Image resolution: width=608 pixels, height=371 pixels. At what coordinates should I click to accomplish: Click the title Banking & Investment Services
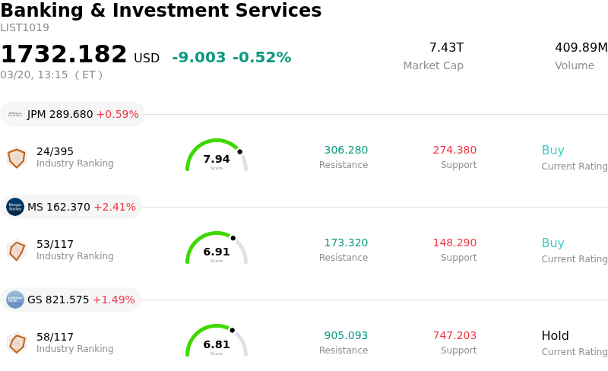coord(160,11)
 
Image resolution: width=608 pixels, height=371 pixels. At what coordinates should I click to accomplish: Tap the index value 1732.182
coord(64,55)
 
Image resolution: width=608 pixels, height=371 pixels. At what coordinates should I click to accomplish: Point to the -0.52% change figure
coord(261,58)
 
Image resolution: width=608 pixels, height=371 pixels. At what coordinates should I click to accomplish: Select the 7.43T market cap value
coord(446,48)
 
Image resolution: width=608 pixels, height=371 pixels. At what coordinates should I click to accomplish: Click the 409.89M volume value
coord(581,48)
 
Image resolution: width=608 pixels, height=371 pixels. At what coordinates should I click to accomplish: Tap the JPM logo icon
coord(15,114)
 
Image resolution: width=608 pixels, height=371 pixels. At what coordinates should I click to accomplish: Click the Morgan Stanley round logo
coord(15,207)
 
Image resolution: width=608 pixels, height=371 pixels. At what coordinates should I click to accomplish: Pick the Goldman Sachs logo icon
coord(15,300)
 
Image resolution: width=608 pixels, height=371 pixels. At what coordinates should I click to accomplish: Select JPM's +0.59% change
coord(117,115)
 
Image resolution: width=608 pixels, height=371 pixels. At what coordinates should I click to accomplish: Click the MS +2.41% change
coord(115,208)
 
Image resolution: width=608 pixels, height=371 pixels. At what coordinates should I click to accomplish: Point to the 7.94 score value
coord(217,160)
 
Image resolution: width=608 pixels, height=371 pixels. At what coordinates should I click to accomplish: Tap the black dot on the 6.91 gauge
coord(233,238)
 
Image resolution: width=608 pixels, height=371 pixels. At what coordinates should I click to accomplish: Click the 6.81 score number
coord(217,345)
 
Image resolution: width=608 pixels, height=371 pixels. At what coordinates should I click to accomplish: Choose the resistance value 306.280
coord(346,151)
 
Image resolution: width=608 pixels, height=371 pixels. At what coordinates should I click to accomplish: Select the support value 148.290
coord(454,243)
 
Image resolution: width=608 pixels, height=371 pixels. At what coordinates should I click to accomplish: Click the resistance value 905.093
coord(346,336)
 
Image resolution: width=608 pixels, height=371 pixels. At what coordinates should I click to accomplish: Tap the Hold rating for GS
coord(555,336)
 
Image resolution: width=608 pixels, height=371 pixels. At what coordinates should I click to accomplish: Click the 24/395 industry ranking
coord(55,151)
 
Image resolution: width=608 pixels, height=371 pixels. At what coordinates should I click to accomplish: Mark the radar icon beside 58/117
coord(17,343)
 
